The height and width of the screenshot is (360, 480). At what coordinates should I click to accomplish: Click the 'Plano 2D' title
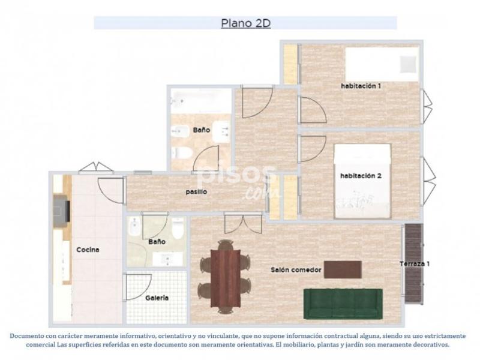245,23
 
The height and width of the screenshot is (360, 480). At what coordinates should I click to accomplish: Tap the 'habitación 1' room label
361,86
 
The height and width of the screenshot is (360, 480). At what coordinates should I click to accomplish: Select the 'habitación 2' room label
361,176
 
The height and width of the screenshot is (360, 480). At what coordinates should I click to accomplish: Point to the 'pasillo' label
197,192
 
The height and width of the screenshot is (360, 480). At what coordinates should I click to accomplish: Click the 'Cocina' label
88,250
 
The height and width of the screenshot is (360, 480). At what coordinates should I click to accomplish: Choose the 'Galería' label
157,298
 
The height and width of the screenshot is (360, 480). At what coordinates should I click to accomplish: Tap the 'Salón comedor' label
296,270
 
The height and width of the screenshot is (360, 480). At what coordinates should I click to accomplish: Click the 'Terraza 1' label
415,264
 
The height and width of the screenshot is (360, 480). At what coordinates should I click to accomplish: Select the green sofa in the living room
343,304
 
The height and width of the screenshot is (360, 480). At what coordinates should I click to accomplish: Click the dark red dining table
226,278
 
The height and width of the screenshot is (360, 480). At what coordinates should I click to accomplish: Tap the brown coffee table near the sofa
343,269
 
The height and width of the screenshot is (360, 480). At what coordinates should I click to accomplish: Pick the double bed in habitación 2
363,181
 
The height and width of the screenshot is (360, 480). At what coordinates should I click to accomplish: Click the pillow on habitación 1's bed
409,64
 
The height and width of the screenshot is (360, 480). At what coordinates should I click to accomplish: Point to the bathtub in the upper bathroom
201,101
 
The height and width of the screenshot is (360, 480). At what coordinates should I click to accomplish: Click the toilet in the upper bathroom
182,153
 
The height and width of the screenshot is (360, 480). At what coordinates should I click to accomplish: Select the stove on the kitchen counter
62,211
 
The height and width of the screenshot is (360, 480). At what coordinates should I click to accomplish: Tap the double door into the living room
244,223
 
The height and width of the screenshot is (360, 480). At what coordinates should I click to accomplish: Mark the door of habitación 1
312,110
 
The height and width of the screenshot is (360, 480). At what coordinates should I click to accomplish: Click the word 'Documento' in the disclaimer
26,336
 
